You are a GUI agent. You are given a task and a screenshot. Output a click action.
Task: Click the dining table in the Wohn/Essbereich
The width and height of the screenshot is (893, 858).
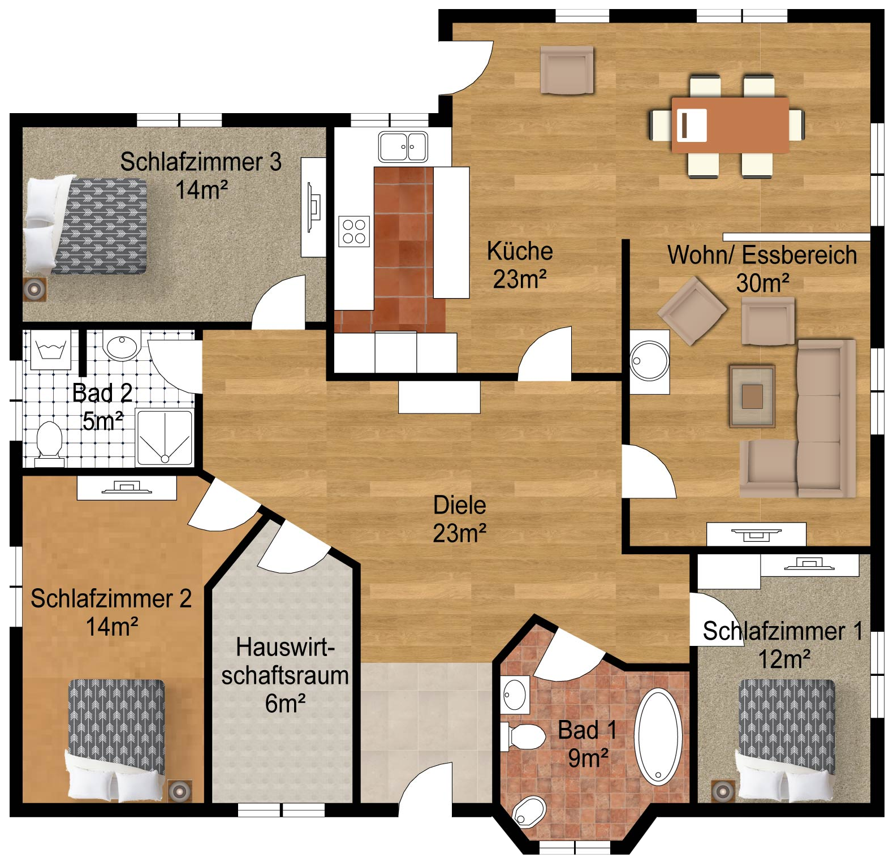[x=730, y=125]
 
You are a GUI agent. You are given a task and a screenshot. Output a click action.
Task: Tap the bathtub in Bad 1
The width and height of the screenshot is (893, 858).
[x=658, y=736]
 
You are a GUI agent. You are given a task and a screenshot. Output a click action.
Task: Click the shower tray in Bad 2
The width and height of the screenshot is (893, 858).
[x=165, y=438]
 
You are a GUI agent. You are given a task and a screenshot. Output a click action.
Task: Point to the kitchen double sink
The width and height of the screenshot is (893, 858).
[x=403, y=146]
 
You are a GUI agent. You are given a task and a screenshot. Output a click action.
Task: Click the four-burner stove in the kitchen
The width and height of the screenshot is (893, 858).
[x=354, y=231]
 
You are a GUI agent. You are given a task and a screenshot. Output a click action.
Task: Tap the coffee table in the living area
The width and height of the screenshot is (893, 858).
[x=752, y=396]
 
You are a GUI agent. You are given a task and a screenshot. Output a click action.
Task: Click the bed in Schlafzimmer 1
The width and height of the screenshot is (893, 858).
[x=787, y=740]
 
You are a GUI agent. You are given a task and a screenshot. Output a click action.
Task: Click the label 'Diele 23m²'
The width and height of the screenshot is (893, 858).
[x=460, y=519]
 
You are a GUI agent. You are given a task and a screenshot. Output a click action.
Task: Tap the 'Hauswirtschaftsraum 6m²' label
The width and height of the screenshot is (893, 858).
[x=285, y=675]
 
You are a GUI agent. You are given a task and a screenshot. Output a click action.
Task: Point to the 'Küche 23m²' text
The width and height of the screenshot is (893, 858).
[x=520, y=265]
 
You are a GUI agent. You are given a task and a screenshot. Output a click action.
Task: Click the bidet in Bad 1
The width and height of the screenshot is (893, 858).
[x=529, y=812]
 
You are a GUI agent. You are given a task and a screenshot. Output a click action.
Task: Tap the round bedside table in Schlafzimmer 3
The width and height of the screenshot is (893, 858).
[x=34, y=289]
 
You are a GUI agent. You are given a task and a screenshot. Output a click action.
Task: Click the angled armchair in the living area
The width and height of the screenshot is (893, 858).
[x=693, y=311]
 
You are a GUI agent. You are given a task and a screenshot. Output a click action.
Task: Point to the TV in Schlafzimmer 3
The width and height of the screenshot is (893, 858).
[x=313, y=207]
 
